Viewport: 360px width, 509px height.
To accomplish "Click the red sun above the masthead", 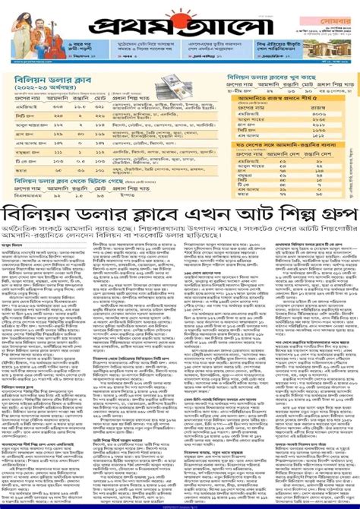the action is click(180, 13).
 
